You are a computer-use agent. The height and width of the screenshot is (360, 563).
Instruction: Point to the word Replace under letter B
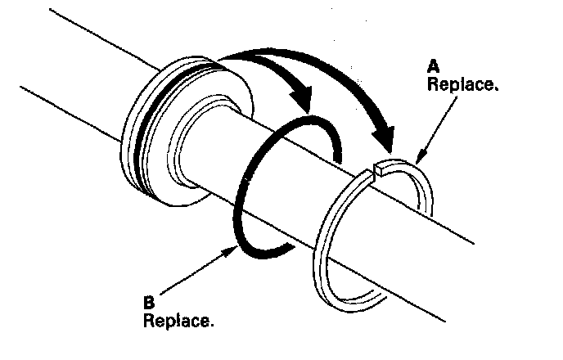point(178,319)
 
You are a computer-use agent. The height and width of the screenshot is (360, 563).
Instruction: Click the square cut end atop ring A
point(378,171)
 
